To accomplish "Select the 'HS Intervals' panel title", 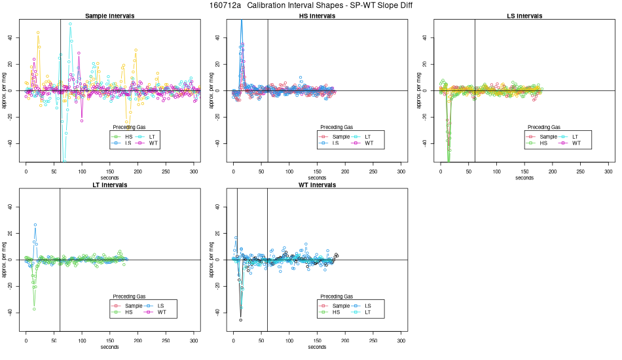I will [317, 15].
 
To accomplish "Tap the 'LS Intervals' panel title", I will [524, 15].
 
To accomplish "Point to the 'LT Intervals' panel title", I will [109, 185].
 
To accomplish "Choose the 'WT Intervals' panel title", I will [317, 185].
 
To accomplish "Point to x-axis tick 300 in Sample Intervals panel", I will [194, 171].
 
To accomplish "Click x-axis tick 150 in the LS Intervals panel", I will [525, 171].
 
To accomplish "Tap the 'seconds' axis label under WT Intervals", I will [317, 347].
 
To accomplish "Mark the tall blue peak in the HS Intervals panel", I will [242, 22].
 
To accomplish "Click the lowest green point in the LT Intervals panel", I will [34, 308].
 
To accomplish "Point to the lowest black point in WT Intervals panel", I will [241, 320].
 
